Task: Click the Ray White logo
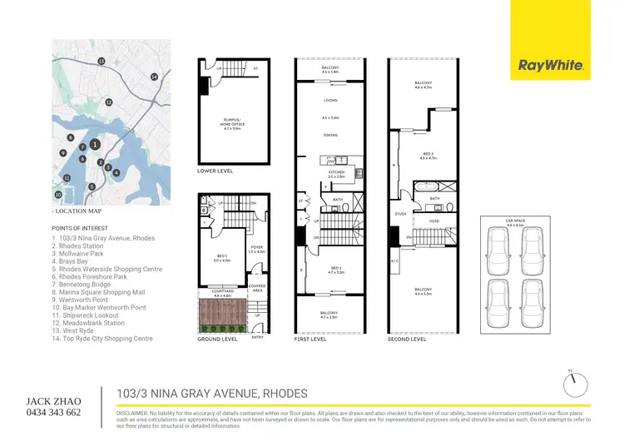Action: tap(551, 65)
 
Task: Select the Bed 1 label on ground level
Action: tap(220, 259)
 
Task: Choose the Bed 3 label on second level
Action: tap(427, 156)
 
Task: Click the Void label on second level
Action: tap(434, 221)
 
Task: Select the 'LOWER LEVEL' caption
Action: tap(215, 171)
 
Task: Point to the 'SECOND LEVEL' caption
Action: tap(407, 339)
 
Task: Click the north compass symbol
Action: tap(571, 384)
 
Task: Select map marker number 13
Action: tap(101, 62)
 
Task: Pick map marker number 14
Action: tap(154, 77)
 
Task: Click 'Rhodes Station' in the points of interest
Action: tap(82, 245)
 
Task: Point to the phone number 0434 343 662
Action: tap(53, 412)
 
